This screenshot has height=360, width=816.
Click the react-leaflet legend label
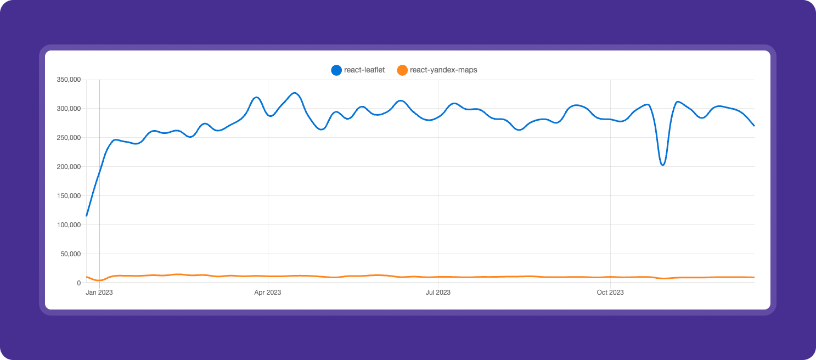[364, 70]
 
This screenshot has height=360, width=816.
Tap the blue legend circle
[336, 70]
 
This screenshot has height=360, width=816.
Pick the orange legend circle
[402, 70]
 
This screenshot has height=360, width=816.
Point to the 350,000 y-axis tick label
[69, 80]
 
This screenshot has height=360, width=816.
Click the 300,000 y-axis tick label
[69, 109]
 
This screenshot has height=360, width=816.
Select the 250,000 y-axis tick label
[69, 138]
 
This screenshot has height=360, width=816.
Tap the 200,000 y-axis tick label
[69, 167]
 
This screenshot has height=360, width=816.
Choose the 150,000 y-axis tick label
[69, 196]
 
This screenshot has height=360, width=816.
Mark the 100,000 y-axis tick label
[69, 225]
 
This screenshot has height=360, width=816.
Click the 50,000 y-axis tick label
[70, 254]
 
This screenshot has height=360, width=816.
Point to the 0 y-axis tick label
[79, 283]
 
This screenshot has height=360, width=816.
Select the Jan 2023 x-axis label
[99, 292]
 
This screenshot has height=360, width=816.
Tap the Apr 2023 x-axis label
[268, 292]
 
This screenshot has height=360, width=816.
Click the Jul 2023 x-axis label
[438, 292]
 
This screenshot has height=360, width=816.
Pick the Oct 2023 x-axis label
[610, 292]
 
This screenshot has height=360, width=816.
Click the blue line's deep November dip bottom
[663, 165]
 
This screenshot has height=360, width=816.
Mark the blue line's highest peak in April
[295, 93]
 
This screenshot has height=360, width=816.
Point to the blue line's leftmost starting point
[87, 216]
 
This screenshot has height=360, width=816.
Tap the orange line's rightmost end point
[754, 277]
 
